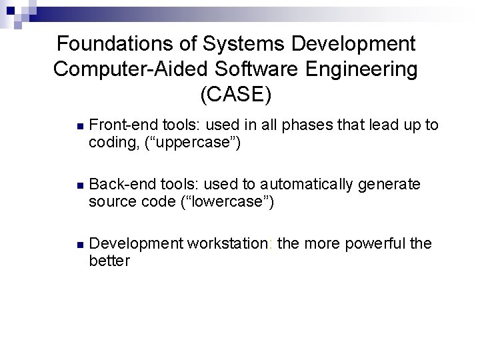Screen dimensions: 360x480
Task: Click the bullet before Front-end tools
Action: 79,125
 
